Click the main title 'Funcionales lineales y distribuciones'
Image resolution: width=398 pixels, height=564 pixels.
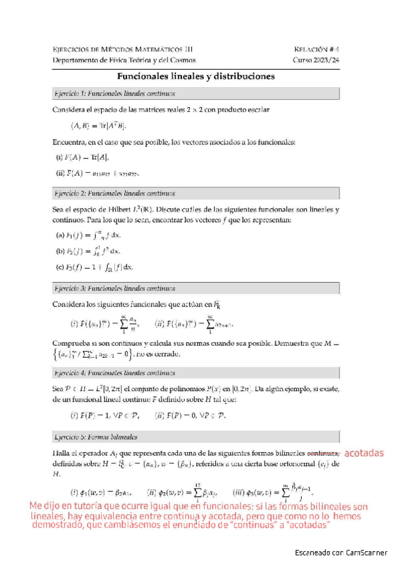196,76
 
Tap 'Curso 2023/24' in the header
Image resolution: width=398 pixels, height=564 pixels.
316,60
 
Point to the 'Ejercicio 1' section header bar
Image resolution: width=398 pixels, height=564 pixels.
196,93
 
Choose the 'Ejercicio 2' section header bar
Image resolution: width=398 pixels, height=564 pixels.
196,194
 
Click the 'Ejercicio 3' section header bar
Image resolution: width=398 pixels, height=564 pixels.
196,288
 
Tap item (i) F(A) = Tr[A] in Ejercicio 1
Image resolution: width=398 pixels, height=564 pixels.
82,157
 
